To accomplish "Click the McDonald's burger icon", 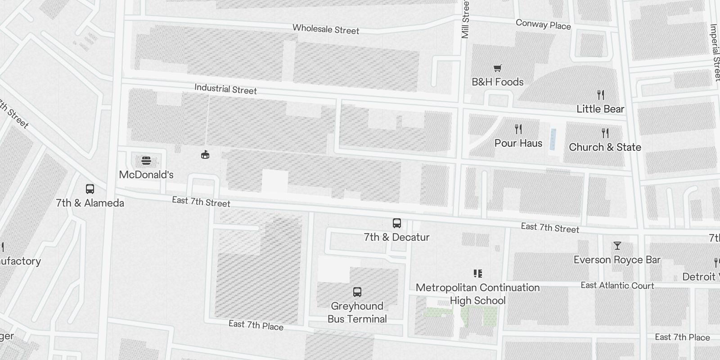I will click(x=146, y=161).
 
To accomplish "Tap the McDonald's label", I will click(x=146, y=175).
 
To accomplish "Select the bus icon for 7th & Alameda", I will click(x=90, y=189).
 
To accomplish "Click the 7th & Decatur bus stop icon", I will click(x=397, y=223).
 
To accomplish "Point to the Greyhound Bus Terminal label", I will click(x=357, y=312).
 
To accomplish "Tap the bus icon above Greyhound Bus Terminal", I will click(x=357, y=292).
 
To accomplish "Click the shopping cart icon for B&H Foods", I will click(x=497, y=68).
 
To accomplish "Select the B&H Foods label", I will click(x=497, y=82).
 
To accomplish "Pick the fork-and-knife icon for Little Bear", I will click(x=600, y=95).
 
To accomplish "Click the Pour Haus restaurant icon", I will click(x=518, y=130).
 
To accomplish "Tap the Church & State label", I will click(x=605, y=147).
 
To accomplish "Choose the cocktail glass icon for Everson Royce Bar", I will click(x=617, y=246).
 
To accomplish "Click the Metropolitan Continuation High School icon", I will click(x=478, y=274).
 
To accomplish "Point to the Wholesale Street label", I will click(x=326, y=29).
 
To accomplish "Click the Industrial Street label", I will click(x=225, y=89).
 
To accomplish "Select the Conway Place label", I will click(x=543, y=25).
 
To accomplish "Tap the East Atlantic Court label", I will click(x=617, y=285).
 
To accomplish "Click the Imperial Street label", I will click(x=715, y=52).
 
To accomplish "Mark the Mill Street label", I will click(x=465, y=19).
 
